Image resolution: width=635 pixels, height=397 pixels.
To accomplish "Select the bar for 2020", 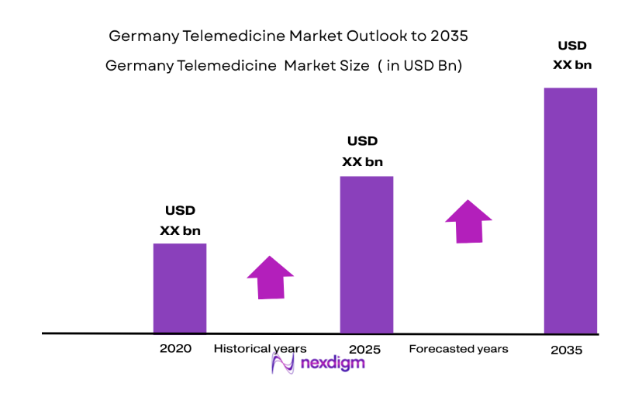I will pos(180,288).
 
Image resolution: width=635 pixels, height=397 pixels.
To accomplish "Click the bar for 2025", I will pos(367,254).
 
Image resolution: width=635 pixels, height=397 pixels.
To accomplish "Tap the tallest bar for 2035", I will pos(571,210).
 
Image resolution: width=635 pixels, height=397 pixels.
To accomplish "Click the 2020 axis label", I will pos(175,349).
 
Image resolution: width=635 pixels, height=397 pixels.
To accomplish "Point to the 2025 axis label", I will pos(365,350).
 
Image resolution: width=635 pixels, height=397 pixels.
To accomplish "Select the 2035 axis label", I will pos(566,350).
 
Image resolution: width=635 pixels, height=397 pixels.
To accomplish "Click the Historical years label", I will pos(261,349).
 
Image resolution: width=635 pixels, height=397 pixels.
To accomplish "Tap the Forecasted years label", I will pos(458,349).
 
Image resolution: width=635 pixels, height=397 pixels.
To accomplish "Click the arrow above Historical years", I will pos(270,277).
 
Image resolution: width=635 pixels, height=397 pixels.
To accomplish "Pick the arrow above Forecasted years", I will pos(468,222).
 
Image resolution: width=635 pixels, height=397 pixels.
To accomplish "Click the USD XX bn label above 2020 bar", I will pos(180,220).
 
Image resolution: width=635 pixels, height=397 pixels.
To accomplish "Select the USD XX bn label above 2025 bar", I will pos(362,151).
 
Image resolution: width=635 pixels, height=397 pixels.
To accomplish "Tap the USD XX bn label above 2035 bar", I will pos(572,55).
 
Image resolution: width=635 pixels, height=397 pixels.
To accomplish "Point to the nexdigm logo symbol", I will pos(283,364).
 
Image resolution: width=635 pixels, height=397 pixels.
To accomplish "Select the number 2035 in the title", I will pos(450,36).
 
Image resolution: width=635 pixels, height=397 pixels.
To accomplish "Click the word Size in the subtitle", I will pos(354,66).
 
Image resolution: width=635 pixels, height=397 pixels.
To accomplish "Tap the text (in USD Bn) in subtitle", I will pos(420,66).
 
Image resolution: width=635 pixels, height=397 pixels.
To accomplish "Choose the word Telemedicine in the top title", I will pos(224,36).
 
